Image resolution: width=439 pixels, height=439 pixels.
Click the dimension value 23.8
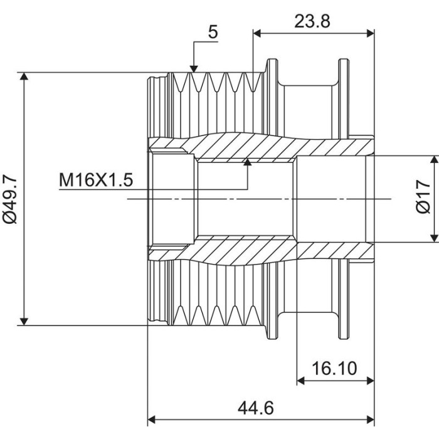[312, 21]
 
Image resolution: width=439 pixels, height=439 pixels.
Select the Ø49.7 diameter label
[11, 199]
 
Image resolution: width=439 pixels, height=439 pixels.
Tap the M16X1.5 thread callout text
[96, 180]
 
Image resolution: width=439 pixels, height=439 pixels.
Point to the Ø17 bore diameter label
[423, 197]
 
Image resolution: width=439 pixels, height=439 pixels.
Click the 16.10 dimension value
[334, 369]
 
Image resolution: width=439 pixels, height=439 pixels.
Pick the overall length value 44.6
[256, 408]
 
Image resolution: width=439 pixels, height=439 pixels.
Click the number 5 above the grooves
[213, 32]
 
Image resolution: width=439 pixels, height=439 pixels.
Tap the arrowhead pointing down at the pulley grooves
[194, 69]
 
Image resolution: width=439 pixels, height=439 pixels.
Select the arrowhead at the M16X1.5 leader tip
[247, 162]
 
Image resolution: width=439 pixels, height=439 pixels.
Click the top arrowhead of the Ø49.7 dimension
[24, 77]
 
